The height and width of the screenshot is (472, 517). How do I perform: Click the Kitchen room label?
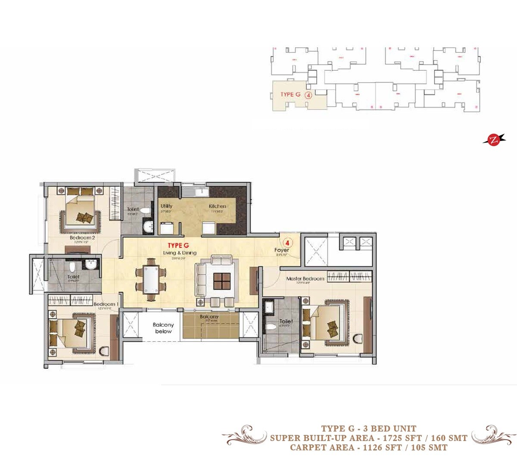pyautogui.click(x=218, y=206)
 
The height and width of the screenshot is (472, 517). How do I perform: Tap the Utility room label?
pyautogui.click(x=166, y=206)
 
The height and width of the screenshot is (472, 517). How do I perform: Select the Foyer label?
pyautogui.click(x=282, y=250)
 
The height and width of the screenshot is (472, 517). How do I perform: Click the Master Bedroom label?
pyautogui.click(x=305, y=279)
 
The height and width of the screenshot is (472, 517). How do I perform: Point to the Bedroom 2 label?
pyautogui.click(x=82, y=238)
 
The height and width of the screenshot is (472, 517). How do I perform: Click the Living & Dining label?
pyautogui.click(x=180, y=253)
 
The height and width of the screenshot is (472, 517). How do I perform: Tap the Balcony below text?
pyautogui.click(x=163, y=328)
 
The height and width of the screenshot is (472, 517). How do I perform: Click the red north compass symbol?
pyautogui.click(x=492, y=139)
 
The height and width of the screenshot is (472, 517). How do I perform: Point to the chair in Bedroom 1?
pyautogui.click(x=105, y=351)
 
